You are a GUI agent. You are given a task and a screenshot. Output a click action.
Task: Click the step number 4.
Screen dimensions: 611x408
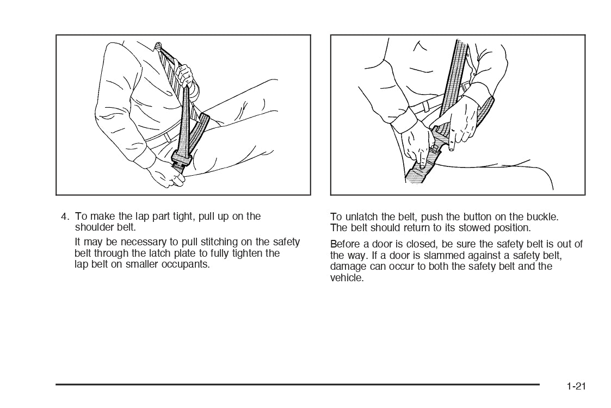[65, 217]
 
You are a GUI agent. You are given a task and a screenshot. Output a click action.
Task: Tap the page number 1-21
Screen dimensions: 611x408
[576, 386]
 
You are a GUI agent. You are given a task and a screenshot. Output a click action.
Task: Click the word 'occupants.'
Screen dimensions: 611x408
[186, 265]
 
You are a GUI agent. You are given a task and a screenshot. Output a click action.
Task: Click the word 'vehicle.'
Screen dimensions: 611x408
[347, 278]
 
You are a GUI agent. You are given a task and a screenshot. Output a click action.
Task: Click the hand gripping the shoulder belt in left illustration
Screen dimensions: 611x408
[184, 76]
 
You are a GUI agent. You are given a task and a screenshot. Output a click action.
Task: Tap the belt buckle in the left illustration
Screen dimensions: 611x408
[181, 160]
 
